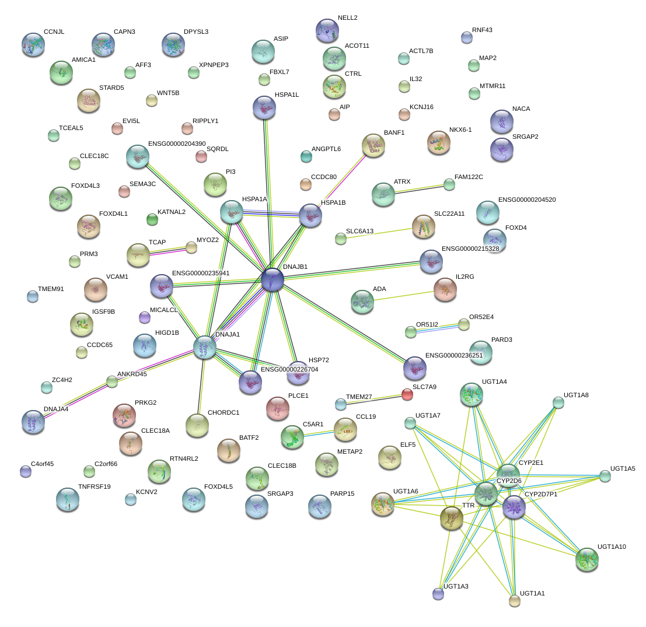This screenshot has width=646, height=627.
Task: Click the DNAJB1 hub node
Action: [273, 279]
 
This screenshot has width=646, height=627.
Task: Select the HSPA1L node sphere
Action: [264, 107]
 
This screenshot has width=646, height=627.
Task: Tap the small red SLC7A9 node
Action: [407, 395]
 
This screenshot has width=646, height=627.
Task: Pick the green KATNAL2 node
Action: [152, 219]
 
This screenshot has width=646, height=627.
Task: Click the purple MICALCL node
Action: [145, 317]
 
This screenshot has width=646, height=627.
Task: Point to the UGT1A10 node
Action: [586, 559]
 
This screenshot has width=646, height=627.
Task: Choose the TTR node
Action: [451, 517]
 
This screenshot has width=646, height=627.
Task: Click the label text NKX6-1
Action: [460, 129]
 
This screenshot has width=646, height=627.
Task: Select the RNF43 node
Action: [466, 37]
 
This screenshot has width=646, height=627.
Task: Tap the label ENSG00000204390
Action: [177, 143]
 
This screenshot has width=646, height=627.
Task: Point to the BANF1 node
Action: [373, 146]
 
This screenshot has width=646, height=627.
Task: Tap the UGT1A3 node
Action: [438, 594]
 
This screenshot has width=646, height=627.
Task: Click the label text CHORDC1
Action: [224, 412]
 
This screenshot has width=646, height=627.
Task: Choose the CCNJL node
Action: [33, 44]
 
